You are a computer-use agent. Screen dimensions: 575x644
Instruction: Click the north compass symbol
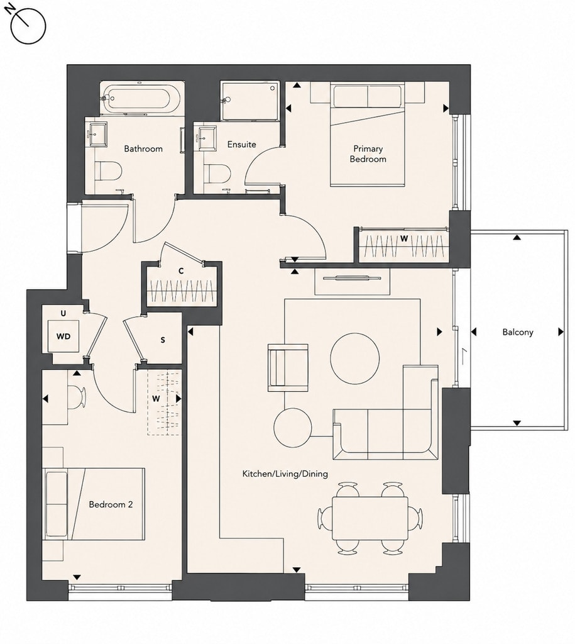tap(27, 25)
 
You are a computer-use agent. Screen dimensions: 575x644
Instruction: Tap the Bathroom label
tap(143, 148)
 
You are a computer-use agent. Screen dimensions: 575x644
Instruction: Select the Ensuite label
tap(242, 145)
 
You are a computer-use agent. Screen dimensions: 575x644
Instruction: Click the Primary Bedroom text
tap(368, 153)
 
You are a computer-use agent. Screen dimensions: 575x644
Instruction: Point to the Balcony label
tap(518, 332)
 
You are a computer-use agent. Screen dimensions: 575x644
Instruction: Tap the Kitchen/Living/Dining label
tap(285, 474)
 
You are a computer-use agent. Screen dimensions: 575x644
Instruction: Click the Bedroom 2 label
tap(111, 504)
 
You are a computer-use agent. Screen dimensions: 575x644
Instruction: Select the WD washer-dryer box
tap(63, 336)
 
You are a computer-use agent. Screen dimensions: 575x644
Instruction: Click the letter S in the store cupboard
tap(163, 340)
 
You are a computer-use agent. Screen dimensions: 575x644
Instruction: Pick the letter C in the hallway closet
tap(180, 271)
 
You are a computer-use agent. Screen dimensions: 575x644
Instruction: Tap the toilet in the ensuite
tap(216, 174)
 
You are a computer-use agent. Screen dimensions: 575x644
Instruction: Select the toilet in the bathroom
tap(107, 170)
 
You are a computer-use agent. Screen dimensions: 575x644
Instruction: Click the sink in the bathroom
tap(97, 134)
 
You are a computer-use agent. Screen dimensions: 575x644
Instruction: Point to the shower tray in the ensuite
tap(249, 101)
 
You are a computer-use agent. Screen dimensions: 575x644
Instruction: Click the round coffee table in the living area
tap(355, 358)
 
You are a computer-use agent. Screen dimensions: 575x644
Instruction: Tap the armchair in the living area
tap(288, 367)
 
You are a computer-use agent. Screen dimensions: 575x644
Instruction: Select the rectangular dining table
tap(370, 518)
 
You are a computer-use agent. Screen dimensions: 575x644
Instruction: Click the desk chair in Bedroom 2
tap(76, 397)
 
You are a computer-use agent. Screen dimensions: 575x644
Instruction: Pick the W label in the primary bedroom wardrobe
tap(404, 238)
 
